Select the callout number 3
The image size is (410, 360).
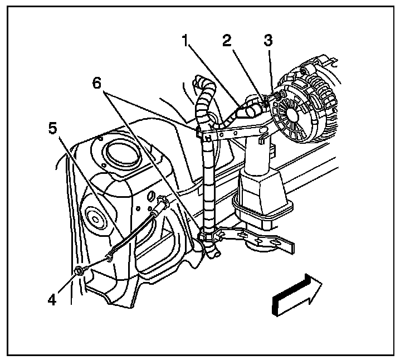coord(269,41)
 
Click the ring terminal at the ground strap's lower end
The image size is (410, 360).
coord(111,257)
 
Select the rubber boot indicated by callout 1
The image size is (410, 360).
coord(248,109)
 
